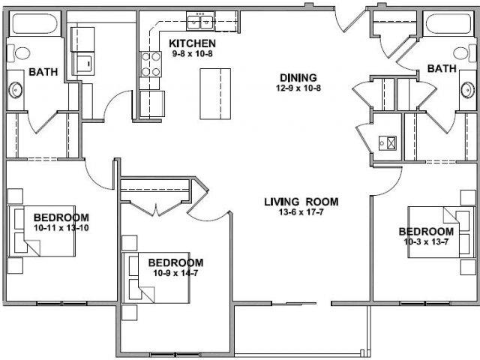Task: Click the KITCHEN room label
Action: point(192,43)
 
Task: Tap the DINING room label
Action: point(298,78)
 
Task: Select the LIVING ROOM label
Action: point(301,202)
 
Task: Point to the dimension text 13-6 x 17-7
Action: point(301,211)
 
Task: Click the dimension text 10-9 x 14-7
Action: point(175,273)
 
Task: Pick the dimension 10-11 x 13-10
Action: point(61,228)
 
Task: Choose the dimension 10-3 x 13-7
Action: point(426,241)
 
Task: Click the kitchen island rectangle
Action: point(215,94)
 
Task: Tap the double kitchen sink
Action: point(200,22)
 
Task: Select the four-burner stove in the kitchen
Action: point(151,64)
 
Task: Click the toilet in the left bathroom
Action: point(19,53)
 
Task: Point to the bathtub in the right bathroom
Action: point(448,23)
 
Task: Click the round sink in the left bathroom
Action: point(15,90)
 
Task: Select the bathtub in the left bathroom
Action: point(34,23)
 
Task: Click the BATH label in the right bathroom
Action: point(442,68)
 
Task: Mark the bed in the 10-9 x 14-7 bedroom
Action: point(156,277)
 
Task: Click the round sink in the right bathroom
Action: point(467,90)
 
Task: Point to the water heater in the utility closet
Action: point(388,143)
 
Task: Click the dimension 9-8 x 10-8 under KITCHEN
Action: point(192,54)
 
